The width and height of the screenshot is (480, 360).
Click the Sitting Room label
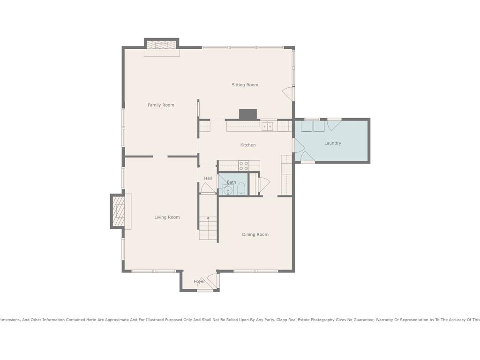coord(245,85)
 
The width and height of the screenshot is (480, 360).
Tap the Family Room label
coord(161,105)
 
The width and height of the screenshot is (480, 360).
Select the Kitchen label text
coord(248,145)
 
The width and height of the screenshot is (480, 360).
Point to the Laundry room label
coord(333,143)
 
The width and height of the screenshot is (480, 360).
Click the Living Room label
coord(167,217)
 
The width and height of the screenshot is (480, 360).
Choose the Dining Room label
coord(255,234)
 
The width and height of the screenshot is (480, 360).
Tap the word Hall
coord(208,178)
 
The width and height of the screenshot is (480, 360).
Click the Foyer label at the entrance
coord(199,282)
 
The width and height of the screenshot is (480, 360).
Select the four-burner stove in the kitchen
coord(244,166)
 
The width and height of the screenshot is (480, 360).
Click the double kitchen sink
coord(267,127)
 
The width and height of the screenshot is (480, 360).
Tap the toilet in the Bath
coord(241,188)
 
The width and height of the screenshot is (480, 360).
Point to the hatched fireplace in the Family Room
coord(162,45)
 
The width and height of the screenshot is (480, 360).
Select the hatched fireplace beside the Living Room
coord(118,211)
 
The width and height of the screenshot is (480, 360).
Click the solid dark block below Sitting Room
coord(248,114)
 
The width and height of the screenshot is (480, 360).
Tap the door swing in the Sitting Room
coord(288,93)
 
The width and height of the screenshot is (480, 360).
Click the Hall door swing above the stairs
coord(208,187)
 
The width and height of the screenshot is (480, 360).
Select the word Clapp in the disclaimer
coord(282,320)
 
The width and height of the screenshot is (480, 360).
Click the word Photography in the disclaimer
coord(322,320)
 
